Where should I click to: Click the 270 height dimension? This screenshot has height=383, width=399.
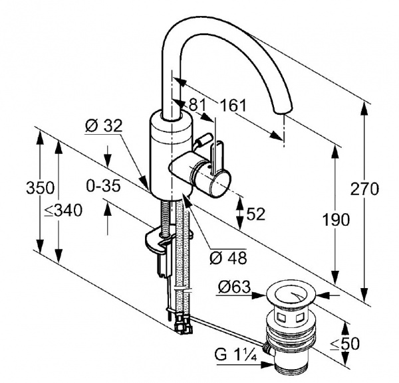click(x=364, y=189)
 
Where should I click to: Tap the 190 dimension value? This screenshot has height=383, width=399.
click(x=336, y=220)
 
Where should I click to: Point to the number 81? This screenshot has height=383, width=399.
click(x=196, y=104)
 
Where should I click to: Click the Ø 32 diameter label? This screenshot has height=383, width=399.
click(x=104, y=125)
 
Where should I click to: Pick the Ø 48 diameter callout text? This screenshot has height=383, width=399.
click(x=228, y=258)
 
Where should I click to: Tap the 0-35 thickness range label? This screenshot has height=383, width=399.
click(x=103, y=186)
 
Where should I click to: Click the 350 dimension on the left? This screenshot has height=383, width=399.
click(x=40, y=188)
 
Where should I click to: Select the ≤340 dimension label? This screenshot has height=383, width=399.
click(x=63, y=210)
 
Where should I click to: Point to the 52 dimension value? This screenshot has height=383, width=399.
click(x=255, y=214)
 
